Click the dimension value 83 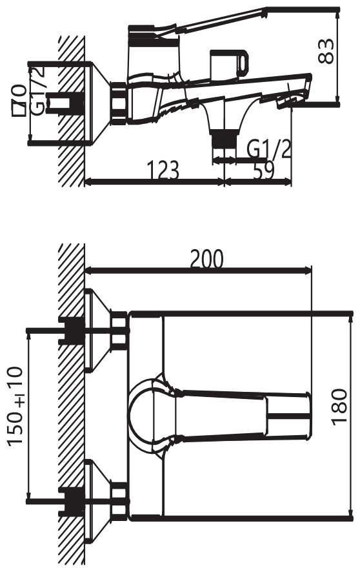(326, 51)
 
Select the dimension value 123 (163, 170)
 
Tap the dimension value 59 (263, 170)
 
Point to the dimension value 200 (206, 259)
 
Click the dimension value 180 (339, 407)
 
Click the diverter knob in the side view (230, 65)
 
